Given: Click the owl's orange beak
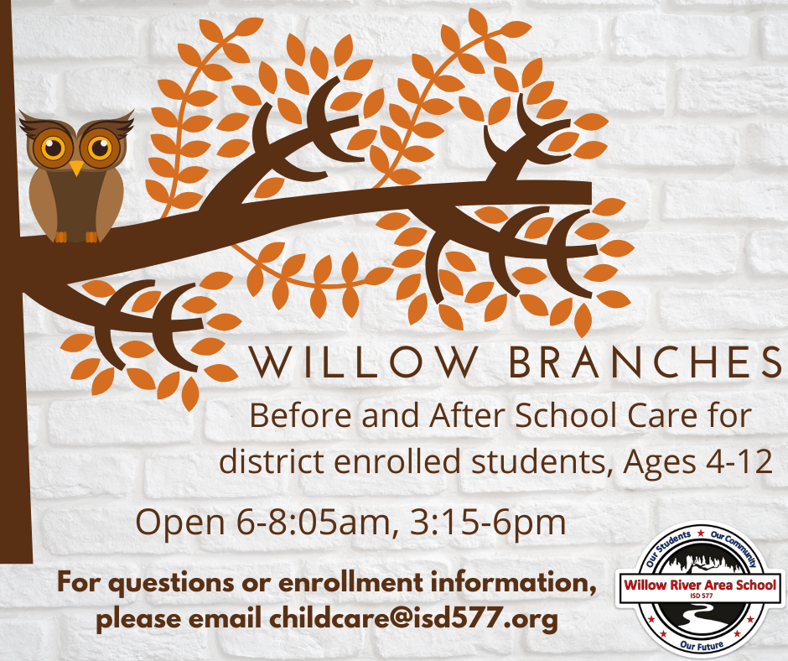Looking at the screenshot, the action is pos(76,168).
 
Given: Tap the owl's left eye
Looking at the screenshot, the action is pos(53,148).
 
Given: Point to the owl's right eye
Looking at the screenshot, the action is pos(100,148).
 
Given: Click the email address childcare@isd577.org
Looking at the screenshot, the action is pos(413,619).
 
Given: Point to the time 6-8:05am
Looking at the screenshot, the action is pos(313,522).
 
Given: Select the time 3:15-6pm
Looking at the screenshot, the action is pos(488,522).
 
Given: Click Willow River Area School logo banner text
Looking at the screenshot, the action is pos(700,585).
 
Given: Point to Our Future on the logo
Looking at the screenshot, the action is pos(702,644).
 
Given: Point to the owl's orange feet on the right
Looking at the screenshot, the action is pos(91,237).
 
